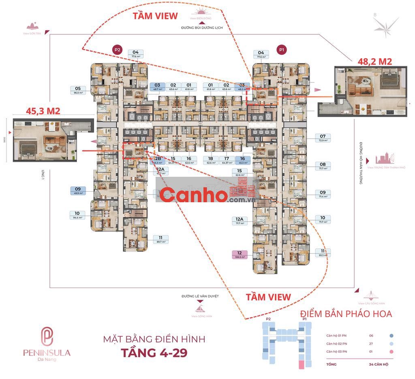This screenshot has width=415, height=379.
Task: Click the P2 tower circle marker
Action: tap(118, 50)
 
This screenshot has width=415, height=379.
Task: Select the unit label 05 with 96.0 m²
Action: tap(78, 90)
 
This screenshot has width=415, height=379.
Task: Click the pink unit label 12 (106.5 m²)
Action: tap(240, 254)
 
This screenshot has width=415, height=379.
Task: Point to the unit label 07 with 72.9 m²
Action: tap(323, 138)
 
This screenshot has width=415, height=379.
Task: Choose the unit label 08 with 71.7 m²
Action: tap(323, 166)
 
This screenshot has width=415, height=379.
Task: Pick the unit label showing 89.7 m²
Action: tap(160, 239)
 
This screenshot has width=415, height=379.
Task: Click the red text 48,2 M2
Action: tap(374, 61)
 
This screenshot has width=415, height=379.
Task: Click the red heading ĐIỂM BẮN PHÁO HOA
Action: tap(346, 314)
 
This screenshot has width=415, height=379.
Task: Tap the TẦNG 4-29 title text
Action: tap(154, 352)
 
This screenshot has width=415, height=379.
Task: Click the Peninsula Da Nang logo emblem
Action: tap(47, 337)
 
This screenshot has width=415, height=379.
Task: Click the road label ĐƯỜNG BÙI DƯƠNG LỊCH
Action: tap(199, 28)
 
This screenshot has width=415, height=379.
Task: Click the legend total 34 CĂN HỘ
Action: tap(379, 364)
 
